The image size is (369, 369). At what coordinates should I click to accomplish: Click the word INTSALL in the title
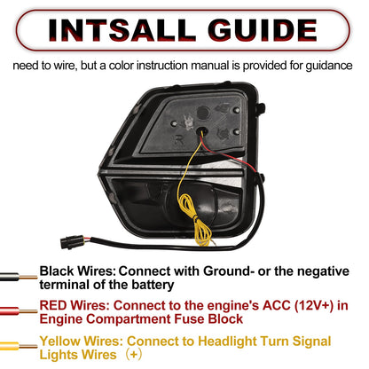point(122,30)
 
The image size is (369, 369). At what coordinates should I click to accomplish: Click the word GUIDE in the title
point(263,30)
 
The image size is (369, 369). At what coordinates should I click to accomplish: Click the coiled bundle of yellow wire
point(194,219)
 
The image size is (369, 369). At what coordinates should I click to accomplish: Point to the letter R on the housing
point(179,139)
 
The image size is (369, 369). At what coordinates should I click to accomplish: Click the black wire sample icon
point(19,277)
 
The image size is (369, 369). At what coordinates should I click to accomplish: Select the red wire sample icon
point(19,311)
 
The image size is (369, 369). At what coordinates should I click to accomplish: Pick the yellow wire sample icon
point(19,346)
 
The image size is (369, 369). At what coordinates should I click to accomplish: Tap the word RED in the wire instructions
point(53,305)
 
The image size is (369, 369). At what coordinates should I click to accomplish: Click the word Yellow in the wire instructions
point(60,341)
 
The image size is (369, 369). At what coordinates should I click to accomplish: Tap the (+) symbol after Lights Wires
point(134,355)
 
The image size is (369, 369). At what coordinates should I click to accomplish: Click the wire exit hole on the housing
point(202,130)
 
